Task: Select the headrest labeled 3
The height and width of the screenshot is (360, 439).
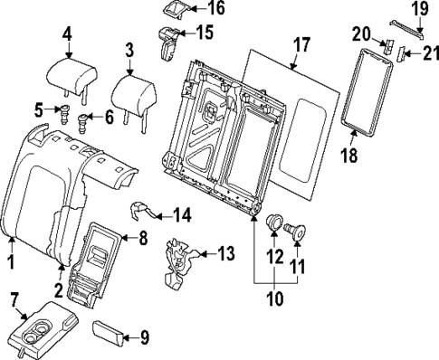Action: (132, 89)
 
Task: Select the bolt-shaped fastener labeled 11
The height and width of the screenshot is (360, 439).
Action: (295, 231)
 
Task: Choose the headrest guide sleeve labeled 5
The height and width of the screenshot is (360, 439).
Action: (64, 113)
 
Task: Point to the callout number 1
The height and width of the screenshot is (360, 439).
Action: (11, 261)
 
